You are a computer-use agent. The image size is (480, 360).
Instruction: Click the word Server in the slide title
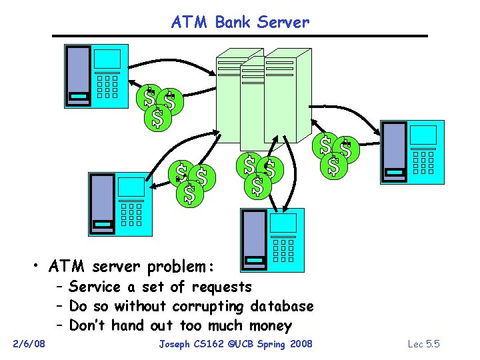(x=287, y=22)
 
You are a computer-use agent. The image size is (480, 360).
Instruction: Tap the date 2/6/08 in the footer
(x=29, y=343)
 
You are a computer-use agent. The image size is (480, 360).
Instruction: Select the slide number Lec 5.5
(x=423, y=343)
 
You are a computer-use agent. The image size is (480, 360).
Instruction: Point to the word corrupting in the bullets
(x=208, y=307)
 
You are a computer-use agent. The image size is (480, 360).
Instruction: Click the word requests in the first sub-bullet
(x=221, y=287)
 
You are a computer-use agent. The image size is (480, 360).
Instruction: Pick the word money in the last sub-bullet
(x=271, y=326)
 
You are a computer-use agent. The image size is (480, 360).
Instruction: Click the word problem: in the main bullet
(x=180, y=267)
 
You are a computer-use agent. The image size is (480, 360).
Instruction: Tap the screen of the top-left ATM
(x=107, y=59)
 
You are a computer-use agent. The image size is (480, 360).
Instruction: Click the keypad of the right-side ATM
(x=423, y=162)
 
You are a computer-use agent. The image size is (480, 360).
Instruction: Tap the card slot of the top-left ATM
(x=79, y=97)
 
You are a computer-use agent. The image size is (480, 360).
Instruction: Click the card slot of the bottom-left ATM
(x=103, y=225)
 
